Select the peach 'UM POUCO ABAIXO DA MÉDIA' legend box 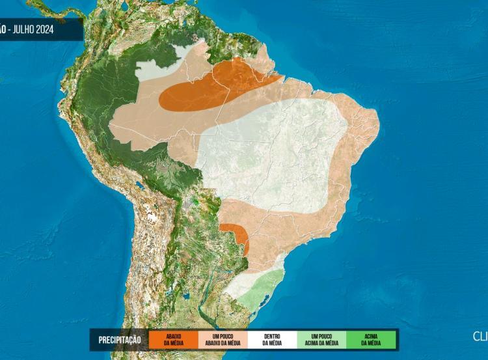[223, 339]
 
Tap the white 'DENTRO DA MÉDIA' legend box [273, 339]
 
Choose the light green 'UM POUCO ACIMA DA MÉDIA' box [322, 339]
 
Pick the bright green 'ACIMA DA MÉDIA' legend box [371, 339]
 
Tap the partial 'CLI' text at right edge [480, 336]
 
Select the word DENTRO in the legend [273, 336]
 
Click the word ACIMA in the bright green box [371, 336]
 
